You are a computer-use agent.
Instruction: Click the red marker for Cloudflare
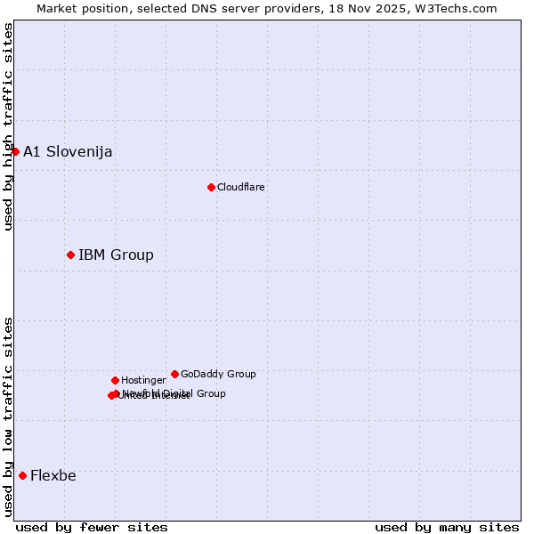(211, 187)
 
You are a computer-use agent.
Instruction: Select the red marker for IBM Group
(70, 255)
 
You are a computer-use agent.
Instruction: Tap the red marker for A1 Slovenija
(15, 151)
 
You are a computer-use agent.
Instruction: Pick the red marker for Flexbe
(22, 475)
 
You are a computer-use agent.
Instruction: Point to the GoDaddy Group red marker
(174, 374)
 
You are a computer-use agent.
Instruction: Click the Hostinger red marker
(115, 380)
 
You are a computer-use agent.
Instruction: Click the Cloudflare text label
(240, 187)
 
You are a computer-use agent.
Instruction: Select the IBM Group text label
(116, 255)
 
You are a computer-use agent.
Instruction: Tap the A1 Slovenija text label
(68, 151)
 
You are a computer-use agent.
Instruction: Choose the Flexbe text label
(53, 475)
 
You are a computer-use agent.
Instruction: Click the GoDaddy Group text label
(218, 374)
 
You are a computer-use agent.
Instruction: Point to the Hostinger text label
(143, 380)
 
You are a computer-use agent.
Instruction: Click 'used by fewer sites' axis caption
(92, 527)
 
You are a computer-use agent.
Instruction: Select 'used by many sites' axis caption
(447, 527)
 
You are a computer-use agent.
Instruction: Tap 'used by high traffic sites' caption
(8, 126)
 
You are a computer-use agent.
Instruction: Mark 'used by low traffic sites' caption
(8, 416)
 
